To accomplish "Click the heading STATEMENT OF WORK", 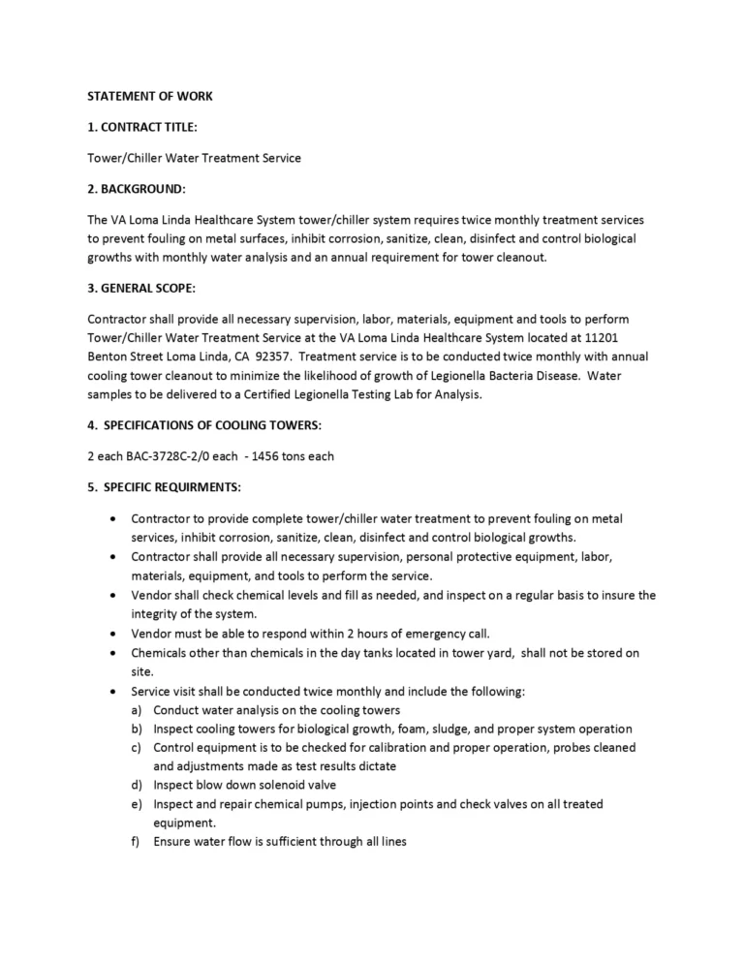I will (150, 96).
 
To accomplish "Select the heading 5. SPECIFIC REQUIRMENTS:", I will (165, 486).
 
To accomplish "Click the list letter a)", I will (138, 710).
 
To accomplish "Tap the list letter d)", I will (138, 785).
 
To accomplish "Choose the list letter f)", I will (138, 842).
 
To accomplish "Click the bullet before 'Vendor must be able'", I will (117, 634).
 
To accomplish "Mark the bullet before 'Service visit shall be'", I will (117, 692).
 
